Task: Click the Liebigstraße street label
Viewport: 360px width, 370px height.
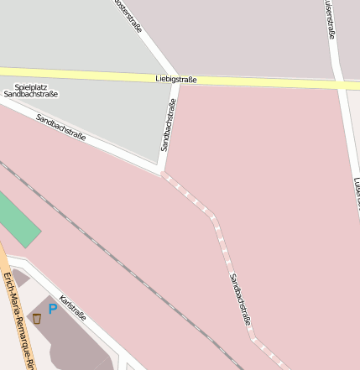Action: click(x=176, y=79)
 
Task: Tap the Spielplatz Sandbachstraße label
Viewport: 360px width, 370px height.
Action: click(x=31, y=91)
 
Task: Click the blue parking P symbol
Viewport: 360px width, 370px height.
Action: click(x=53, y=309)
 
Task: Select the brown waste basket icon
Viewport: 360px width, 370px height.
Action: click(x=37, y=319)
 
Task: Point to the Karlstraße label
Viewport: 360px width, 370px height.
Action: click(x=73, y=307)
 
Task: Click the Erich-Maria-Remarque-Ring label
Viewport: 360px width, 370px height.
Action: click(x=18, y=320)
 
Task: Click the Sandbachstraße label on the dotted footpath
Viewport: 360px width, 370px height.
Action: click(x=240, y=299)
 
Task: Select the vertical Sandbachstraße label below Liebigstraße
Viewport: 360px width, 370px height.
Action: click(x=169, y=125)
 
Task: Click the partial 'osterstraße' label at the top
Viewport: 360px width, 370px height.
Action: click(x=128, y=16)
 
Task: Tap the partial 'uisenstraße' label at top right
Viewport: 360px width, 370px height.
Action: click(x=329, y=18)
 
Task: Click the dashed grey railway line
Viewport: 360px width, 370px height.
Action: click(x=126, y=269)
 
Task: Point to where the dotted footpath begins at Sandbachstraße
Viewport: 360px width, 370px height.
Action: click(x=162, y=174)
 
